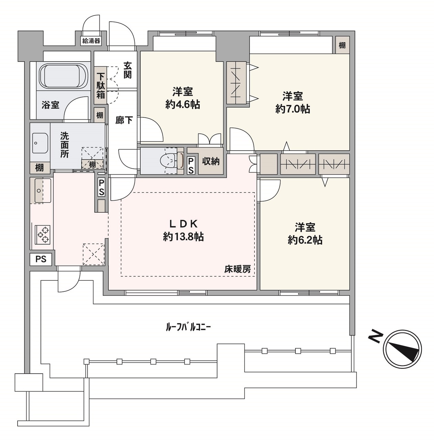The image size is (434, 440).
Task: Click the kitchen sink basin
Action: coord(43,190)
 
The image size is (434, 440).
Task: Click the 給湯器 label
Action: coord(91,41)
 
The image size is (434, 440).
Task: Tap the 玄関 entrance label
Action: coord(128,70)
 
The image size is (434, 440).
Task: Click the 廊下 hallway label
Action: coord(124,120)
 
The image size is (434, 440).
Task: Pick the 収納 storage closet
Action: coord(210,161)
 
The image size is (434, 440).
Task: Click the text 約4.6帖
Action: coord(183,105)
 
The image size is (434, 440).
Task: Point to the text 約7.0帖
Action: coord(293,109)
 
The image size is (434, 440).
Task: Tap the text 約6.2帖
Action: coord(305,240)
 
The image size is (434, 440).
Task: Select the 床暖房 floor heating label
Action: coord(238,269)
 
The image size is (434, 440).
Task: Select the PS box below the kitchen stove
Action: coord(41,259)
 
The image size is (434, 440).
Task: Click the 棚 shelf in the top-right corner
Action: coord(342,45)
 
